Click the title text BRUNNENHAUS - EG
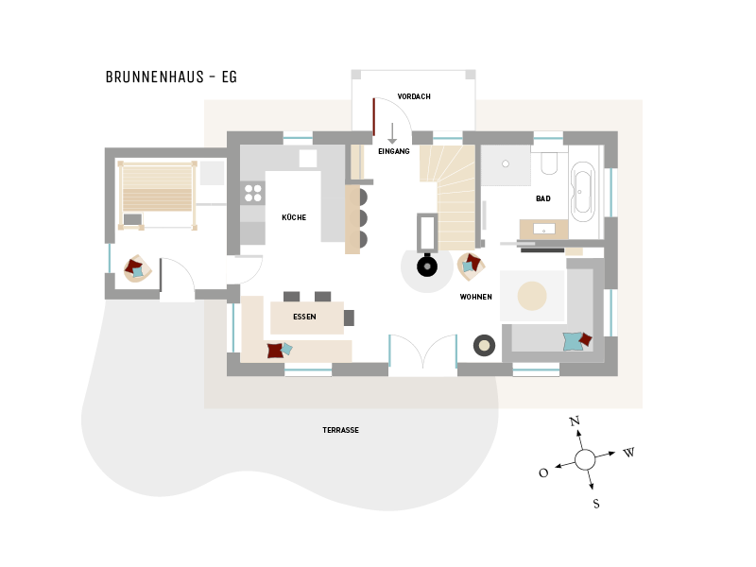[x=171, y=77]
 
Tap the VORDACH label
[x=414, y=96]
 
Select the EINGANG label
[x=393, y=151]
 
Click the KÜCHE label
[x=294, y=217]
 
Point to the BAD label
[x=542, y=198]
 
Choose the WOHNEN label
[x=475, y=297]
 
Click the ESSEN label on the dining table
[x=304, y=318]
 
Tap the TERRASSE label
[x=340, y=430]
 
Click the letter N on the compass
[x=574, y=421]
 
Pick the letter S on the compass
[x=596, y=504]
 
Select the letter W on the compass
[x=628, y=453]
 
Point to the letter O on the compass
[x=543, y=473]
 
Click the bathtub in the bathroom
[x=582, y=192]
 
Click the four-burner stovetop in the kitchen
[x=253, y=193]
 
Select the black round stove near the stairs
[x=427, y=266]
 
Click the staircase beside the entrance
[x=452, y=194]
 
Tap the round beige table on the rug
[x=532, y=296]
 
